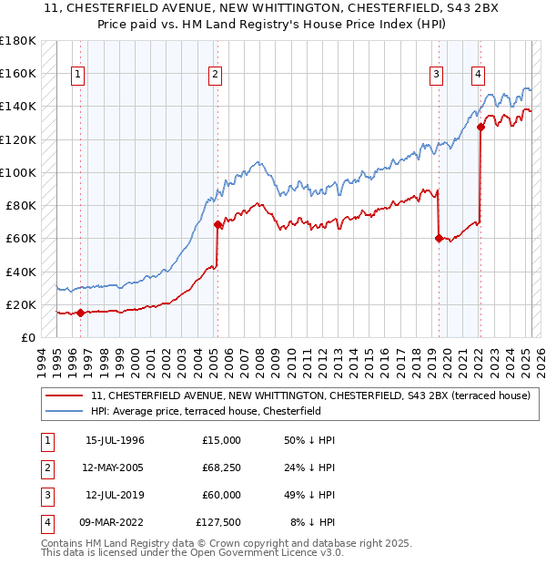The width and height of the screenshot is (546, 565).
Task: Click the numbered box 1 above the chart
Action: coord(78,75)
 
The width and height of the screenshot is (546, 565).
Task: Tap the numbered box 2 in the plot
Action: coord(215,75)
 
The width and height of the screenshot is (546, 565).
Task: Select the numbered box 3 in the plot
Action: coord(437,75)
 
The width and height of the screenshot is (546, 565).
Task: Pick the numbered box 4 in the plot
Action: coord(478,75)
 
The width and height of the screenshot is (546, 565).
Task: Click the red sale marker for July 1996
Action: coord(80,313)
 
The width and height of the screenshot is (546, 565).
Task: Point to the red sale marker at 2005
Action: coord(217,224)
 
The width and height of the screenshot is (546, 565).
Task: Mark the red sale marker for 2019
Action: coord(439,239)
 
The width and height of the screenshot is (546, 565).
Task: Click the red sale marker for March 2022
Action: coord(480,128)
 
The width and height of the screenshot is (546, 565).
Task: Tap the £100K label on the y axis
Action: coord(18,172)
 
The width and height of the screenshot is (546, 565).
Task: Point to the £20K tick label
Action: coord(21,304)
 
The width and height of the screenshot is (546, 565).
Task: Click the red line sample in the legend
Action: coord(65,395)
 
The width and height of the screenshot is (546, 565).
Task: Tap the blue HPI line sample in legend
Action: coord(65,411)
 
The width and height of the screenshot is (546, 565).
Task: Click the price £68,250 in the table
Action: coord(218,467)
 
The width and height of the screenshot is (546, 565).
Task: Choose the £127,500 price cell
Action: coord(218,522)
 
